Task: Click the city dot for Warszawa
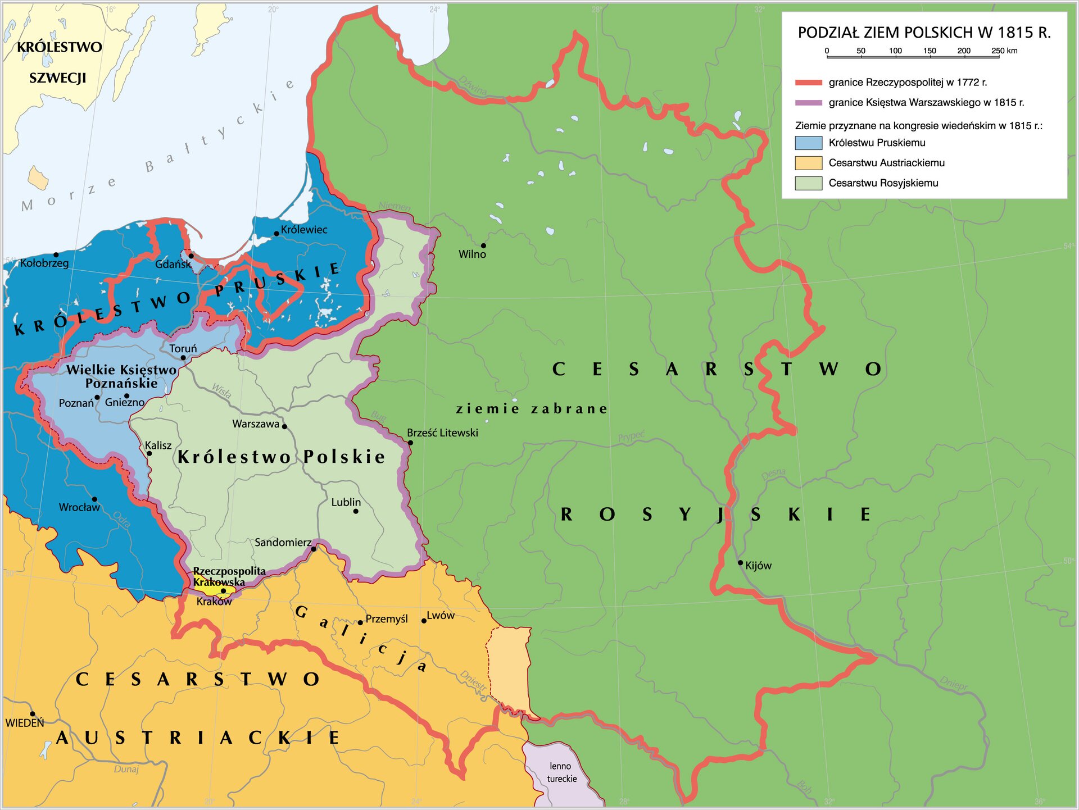(x=284, y=427)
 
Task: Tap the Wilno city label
(x=472, y=254)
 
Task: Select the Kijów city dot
(x=740, y=563)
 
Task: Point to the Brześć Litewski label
(x=442, y=433)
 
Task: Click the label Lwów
(x=441, y=616)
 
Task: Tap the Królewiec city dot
(x=276, y=234)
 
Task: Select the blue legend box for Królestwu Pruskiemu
(x=808, y=143)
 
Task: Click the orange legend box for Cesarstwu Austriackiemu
(x=808, y=163)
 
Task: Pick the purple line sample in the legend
(x=808, y=103)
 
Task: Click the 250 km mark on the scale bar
(x=999, y=56)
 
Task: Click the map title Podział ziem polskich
(x=924, y=33)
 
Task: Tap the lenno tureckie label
(x=561, y=772)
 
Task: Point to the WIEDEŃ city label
(x=25, y=723)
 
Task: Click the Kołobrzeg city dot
(x=56, y=255)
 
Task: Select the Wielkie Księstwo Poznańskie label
(x=121, y=376)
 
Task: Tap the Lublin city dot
(x=355, y=511)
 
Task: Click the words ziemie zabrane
(x=531, y=409)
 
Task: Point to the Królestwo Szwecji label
(x=59, y=62)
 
